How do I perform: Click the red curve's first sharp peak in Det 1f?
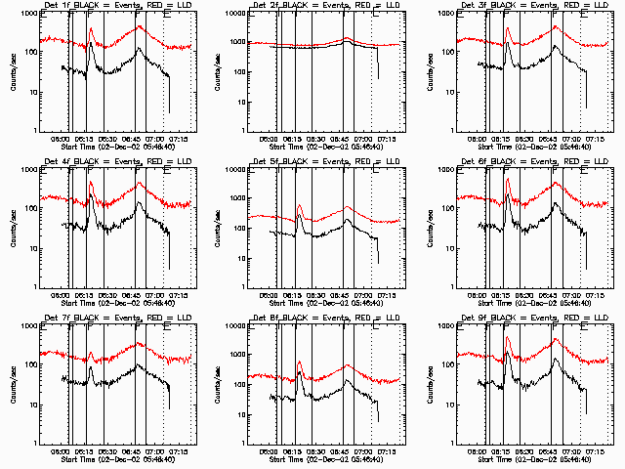tap(91, 29)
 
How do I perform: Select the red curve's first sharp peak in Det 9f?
tap(508, 338)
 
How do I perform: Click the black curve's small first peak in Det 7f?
tap(91, 367)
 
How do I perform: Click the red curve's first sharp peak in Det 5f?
tap(299, 205)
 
